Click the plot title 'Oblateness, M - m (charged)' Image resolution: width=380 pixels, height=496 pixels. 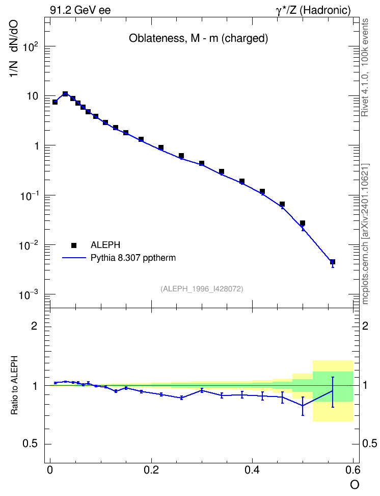pos(198,38)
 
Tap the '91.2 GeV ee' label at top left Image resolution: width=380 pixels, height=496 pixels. pos(80,10)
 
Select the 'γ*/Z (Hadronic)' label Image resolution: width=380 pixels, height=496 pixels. pos(313,10)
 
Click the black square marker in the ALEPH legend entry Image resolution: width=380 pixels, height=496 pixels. pos(74,245)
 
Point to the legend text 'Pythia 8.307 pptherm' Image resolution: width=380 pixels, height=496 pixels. pos(133,258)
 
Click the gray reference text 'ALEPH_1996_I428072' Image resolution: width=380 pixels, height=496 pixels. pos(202,289)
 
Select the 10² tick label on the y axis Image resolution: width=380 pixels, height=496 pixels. pos(31,47)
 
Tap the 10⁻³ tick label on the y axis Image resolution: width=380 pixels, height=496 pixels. pos(29,295)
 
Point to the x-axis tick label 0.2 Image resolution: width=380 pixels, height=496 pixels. pos(151,470)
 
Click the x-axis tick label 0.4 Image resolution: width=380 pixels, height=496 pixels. pos(252,470)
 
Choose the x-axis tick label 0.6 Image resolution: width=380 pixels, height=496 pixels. pos(353,470)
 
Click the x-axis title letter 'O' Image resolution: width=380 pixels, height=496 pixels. pos(355,485)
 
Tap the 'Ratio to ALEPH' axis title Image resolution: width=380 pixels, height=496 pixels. pos(14,385)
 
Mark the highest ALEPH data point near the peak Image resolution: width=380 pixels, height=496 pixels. pos(65,93)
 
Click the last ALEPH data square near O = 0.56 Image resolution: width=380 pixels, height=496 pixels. pos(333,262)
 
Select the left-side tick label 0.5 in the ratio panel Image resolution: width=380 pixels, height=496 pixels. pos(31,444)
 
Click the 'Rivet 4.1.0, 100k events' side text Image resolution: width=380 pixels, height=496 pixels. pos(365,67)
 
